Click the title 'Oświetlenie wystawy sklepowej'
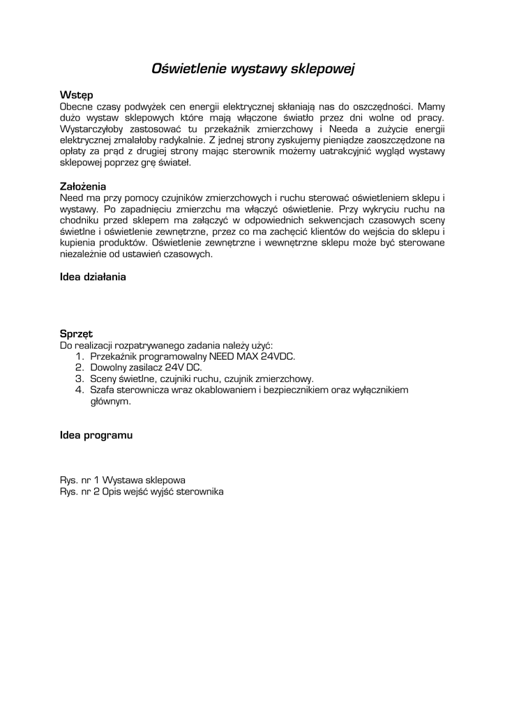(x=254, y=68)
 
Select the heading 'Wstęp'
(x=76, y=95)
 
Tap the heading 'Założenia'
(x=83, y=186)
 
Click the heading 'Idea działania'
(x=93, y=277)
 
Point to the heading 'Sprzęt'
(x=77, y=334)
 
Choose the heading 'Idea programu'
(x=96, y=435)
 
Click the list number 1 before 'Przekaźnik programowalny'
(x=78, y=356)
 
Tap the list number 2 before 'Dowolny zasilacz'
(x=79, y=367)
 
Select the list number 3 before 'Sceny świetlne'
(x=79, y=379)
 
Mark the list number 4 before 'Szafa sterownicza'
(x=79, y=390)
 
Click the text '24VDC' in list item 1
(x=278, y=356)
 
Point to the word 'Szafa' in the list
(x=103, y=390)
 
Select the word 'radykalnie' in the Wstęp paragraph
(x=172, y=139)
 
